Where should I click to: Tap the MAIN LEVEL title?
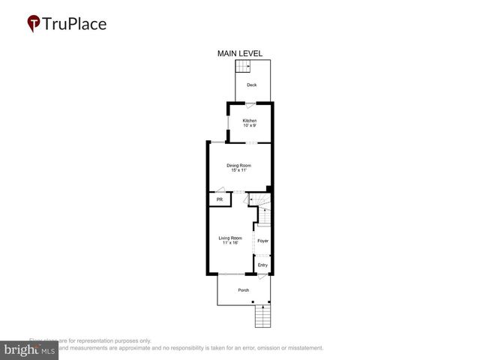pyautogui.click(x=239, y=53)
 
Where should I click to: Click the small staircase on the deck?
pyautogui.click(x=243, y=67)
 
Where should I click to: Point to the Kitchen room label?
pyautogui.click(x=249, y=121)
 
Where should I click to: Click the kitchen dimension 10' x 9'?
pyautogui.click(x=249, y=126)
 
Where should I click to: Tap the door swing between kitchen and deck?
pyautogui.click(x=259, y=104)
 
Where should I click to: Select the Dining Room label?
pyautogui.click(x=239, y=165)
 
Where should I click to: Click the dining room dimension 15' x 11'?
pyautogui.click(x=239, y=170)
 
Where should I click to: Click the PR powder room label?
pyautogui.click(x=219, y=200)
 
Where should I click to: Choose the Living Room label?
pyautogui.click(x=230, y=238)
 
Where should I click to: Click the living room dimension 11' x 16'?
pyautogui.click(x=230, y=243)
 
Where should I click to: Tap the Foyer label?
pyautogui.click(x=262, y=241)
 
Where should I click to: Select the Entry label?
pyautogui.click(x=262, y=265)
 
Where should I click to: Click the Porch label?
pyautogui.click(x=243, y=290)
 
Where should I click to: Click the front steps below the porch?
pyautogui.click(x=262, y=317)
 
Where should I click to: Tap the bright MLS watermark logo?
pyautogui.click(x=29, y=349)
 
